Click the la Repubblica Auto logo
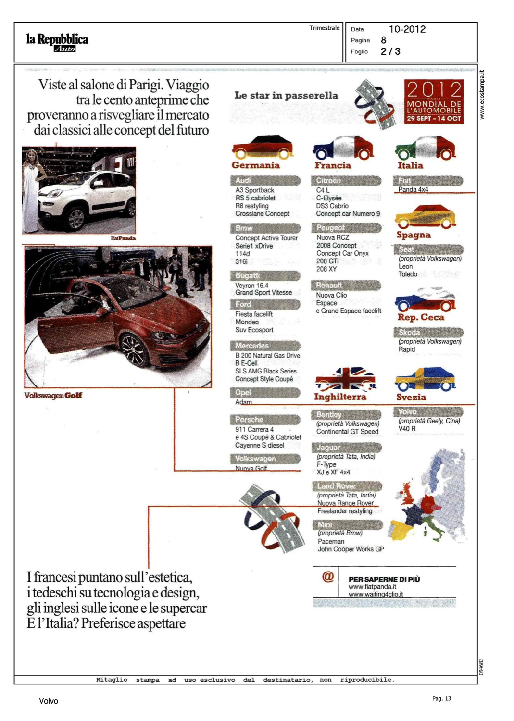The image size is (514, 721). [x=57, y=42]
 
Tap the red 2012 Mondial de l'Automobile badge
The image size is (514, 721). [x=434, y=101]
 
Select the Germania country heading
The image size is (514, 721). [x=255, y=165]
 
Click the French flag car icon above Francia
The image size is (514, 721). [x=343, y=148]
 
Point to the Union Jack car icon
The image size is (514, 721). [x=345, y=379]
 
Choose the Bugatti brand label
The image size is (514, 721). [x=248, y=275]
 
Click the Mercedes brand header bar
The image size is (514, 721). [x=265, y=346]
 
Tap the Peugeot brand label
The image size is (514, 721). [x=330, y=228]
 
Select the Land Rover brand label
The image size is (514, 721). [x=337, y=486]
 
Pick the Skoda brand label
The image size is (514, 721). [x=409, y=332]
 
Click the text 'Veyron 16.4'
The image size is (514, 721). [x=251, y=285]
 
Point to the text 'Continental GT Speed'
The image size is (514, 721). [x=347, y=432]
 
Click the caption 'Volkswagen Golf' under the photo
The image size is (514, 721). [x=53, y=395]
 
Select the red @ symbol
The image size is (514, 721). [x=328, y=576]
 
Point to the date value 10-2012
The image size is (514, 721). [x=407, y=29]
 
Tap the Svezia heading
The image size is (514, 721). [x=411, y=397]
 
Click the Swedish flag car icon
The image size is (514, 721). [x=425, y=379]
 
